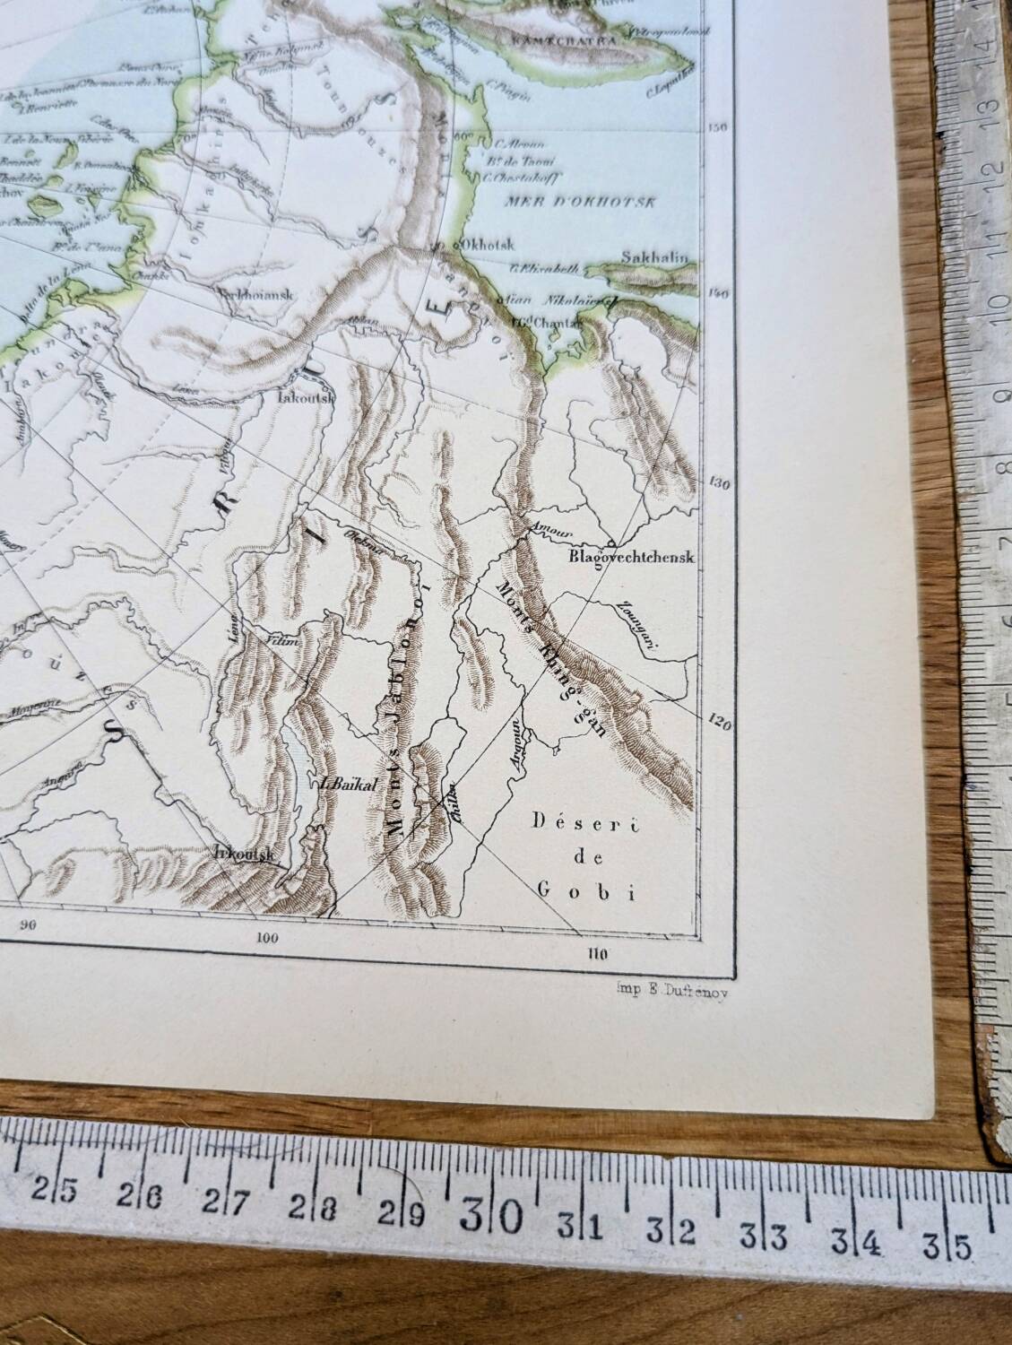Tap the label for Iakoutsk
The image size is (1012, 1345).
click(x=307, y=395)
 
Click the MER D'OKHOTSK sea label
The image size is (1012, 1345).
click(x=581, y=201)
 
